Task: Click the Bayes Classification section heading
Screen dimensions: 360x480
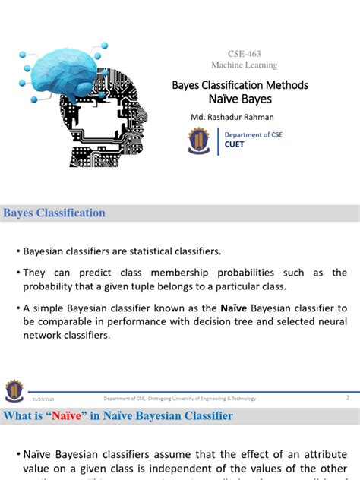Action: tap(55, 213)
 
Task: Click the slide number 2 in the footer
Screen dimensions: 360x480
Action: tap(347, 397)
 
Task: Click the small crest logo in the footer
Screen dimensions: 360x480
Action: tap(14, 391)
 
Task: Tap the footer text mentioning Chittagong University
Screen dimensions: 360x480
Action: tap(180, 399)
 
